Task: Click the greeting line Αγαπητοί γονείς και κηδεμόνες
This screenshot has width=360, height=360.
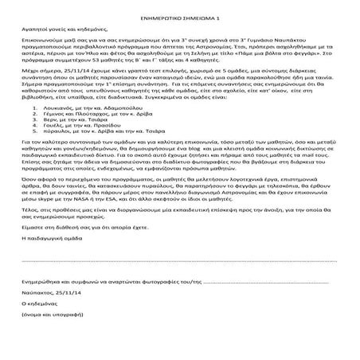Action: click(x=59, y=29)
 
